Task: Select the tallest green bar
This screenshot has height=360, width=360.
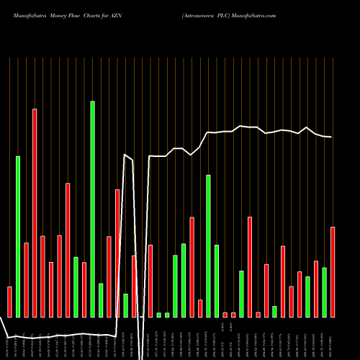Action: pyautogui.click(x=92, y=209)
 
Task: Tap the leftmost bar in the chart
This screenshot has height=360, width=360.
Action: pyautogui.click(x=9, y=302)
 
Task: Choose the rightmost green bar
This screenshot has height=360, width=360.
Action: pyautogui.click(x=325, y=292)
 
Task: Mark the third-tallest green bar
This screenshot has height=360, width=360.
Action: pyautogui.click(x=209, y=246)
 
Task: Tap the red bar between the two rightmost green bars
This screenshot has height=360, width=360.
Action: pyautogui.click(x=316, y=289)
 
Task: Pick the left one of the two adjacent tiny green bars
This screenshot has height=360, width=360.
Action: pyautogui.click(x=159, y=315)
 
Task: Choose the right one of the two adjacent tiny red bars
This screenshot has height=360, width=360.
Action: pyautogui.click(x=233, y=315)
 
